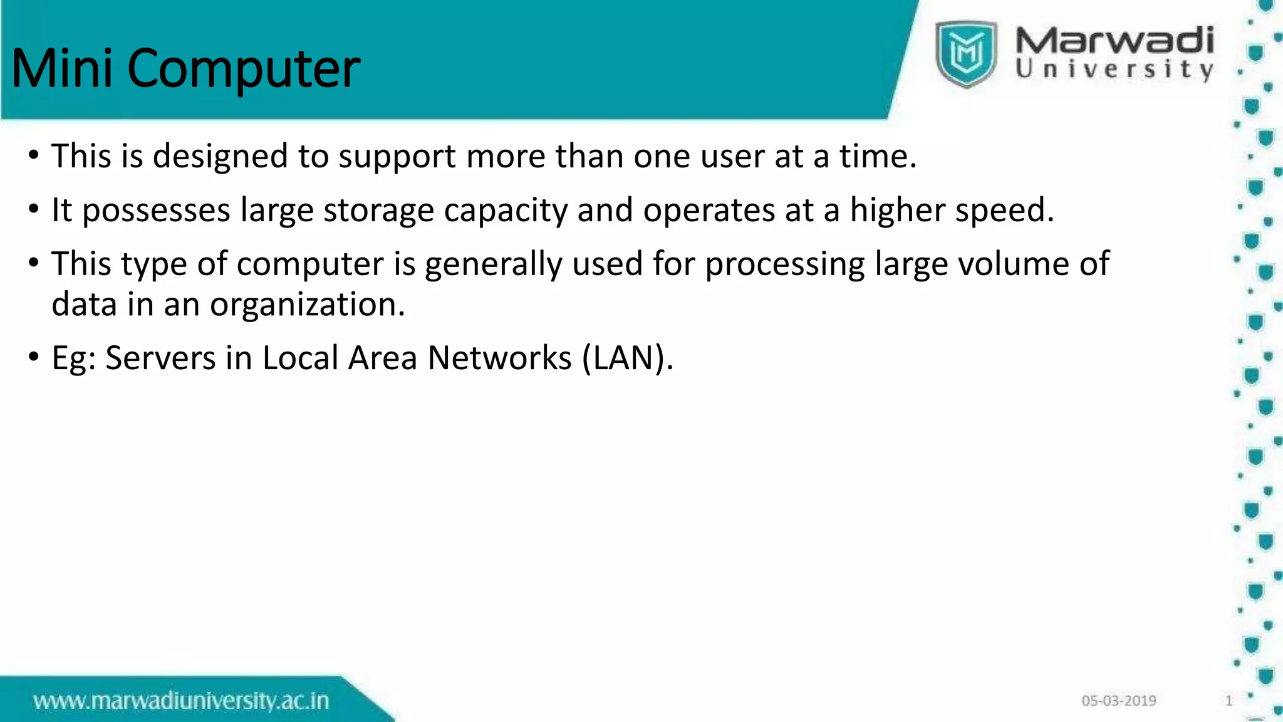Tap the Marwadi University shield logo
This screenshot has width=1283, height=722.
point(966,53)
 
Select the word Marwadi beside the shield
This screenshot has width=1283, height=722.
point(1114,40)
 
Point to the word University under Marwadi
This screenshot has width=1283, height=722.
point(1114,69)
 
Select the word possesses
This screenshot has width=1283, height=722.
point(156,211)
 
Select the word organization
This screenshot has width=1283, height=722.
point(307,306)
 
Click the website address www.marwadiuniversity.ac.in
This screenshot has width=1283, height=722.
point(181,701)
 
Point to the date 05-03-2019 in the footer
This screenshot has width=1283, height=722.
point(1119,701)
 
